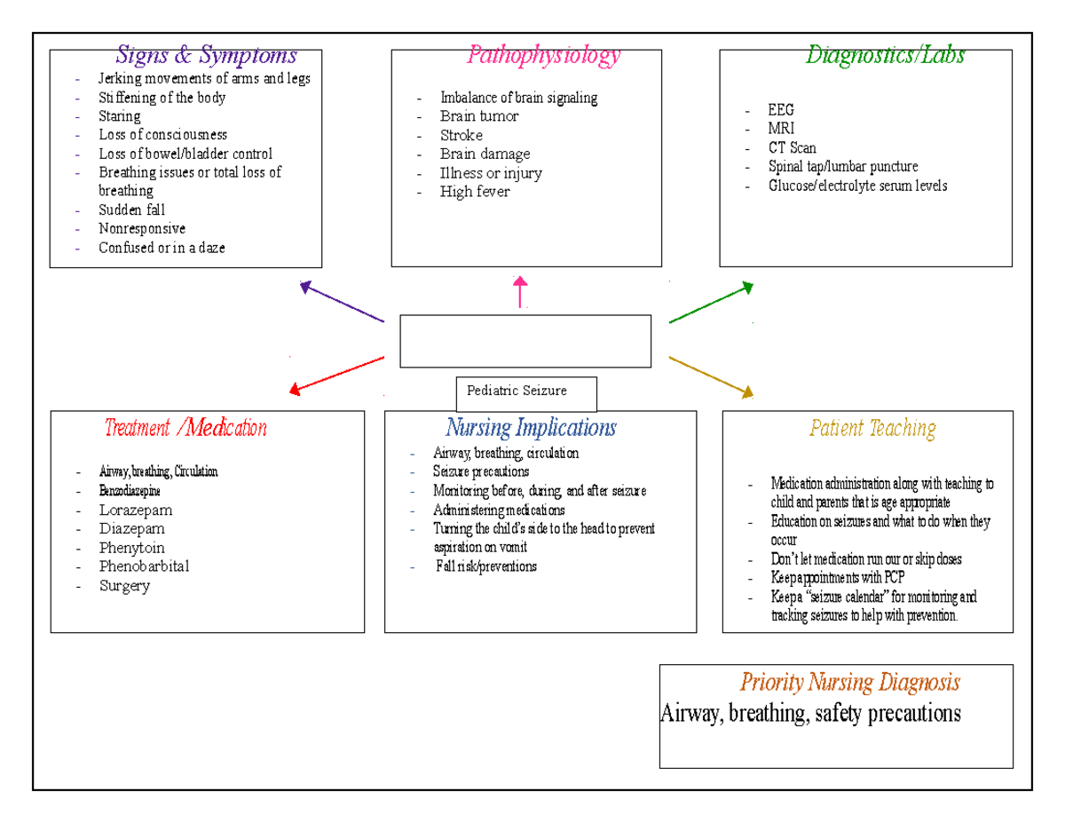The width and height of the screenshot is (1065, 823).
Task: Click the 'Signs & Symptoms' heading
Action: tap(206, 56)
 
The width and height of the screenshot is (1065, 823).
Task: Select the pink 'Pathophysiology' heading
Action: tap(543, 56)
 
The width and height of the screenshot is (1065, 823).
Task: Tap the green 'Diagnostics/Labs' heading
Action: tap(884, 56)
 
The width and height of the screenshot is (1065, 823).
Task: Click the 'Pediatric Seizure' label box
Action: tap(525, 392)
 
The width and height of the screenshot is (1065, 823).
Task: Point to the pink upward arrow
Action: tap(520, 291)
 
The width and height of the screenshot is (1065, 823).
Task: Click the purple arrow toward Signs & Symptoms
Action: tap(342, 302)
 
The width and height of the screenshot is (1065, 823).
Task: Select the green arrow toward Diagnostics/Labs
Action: tap(711, 303)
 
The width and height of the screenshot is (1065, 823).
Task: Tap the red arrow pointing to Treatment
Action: tap(336, 374)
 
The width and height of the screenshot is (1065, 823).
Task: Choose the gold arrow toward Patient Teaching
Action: tap(711, 376)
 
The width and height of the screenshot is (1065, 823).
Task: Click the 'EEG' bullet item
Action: tap(781, 110)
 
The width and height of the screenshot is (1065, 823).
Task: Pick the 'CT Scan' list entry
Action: tap(792, 148)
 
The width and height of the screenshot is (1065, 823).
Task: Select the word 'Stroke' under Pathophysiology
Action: tap(461, 136)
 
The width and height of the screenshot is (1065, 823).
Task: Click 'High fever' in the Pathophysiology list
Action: tap(475, 192)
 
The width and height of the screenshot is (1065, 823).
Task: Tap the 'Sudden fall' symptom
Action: tap(131, 210)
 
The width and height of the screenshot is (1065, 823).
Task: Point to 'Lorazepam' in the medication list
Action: tap(136, 510)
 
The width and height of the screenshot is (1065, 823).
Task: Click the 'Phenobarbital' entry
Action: tap(144, 566)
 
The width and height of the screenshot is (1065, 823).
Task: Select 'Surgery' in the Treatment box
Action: tap(124, 586)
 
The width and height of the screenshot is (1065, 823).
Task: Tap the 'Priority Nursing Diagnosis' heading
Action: tap(849, 683)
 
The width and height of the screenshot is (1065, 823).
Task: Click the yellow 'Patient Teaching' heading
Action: tap(872, 429)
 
